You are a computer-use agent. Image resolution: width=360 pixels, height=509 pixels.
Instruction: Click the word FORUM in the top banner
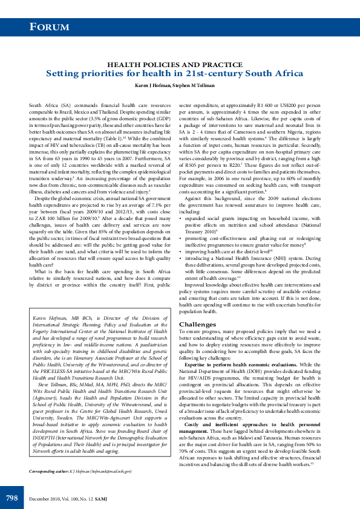50,27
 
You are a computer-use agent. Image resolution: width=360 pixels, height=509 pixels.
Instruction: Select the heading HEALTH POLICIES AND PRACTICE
175,63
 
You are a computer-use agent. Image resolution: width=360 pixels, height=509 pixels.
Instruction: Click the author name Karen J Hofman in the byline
152,86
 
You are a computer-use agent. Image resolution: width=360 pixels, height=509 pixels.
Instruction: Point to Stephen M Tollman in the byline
195,86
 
